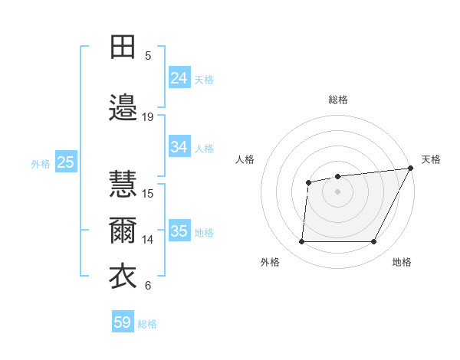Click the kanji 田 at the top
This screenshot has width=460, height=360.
[123, 47]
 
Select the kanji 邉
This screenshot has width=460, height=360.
[123, 108]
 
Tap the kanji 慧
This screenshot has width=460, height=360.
[123, 185]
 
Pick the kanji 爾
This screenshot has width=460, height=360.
[123, 231]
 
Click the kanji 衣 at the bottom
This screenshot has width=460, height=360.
[123, 277]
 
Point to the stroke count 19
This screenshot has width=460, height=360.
[148, 117]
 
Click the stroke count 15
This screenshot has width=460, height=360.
[148, 193]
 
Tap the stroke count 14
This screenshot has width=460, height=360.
[148, 240]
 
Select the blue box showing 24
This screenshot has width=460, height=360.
[179, 78]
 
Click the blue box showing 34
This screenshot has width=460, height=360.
[179, 147]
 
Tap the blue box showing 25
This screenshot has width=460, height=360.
[65, 162]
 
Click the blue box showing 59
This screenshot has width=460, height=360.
[123, 322]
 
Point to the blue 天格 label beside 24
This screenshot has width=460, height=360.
[204, 80]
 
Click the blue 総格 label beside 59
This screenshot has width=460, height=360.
[148, 324]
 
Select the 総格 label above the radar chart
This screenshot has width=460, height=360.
[337, 100]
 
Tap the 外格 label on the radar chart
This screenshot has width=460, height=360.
[270, 263]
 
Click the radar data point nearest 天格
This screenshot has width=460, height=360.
[411, 168]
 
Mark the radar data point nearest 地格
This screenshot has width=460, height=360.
[374, 242]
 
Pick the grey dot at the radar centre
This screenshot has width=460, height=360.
[337, 191]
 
